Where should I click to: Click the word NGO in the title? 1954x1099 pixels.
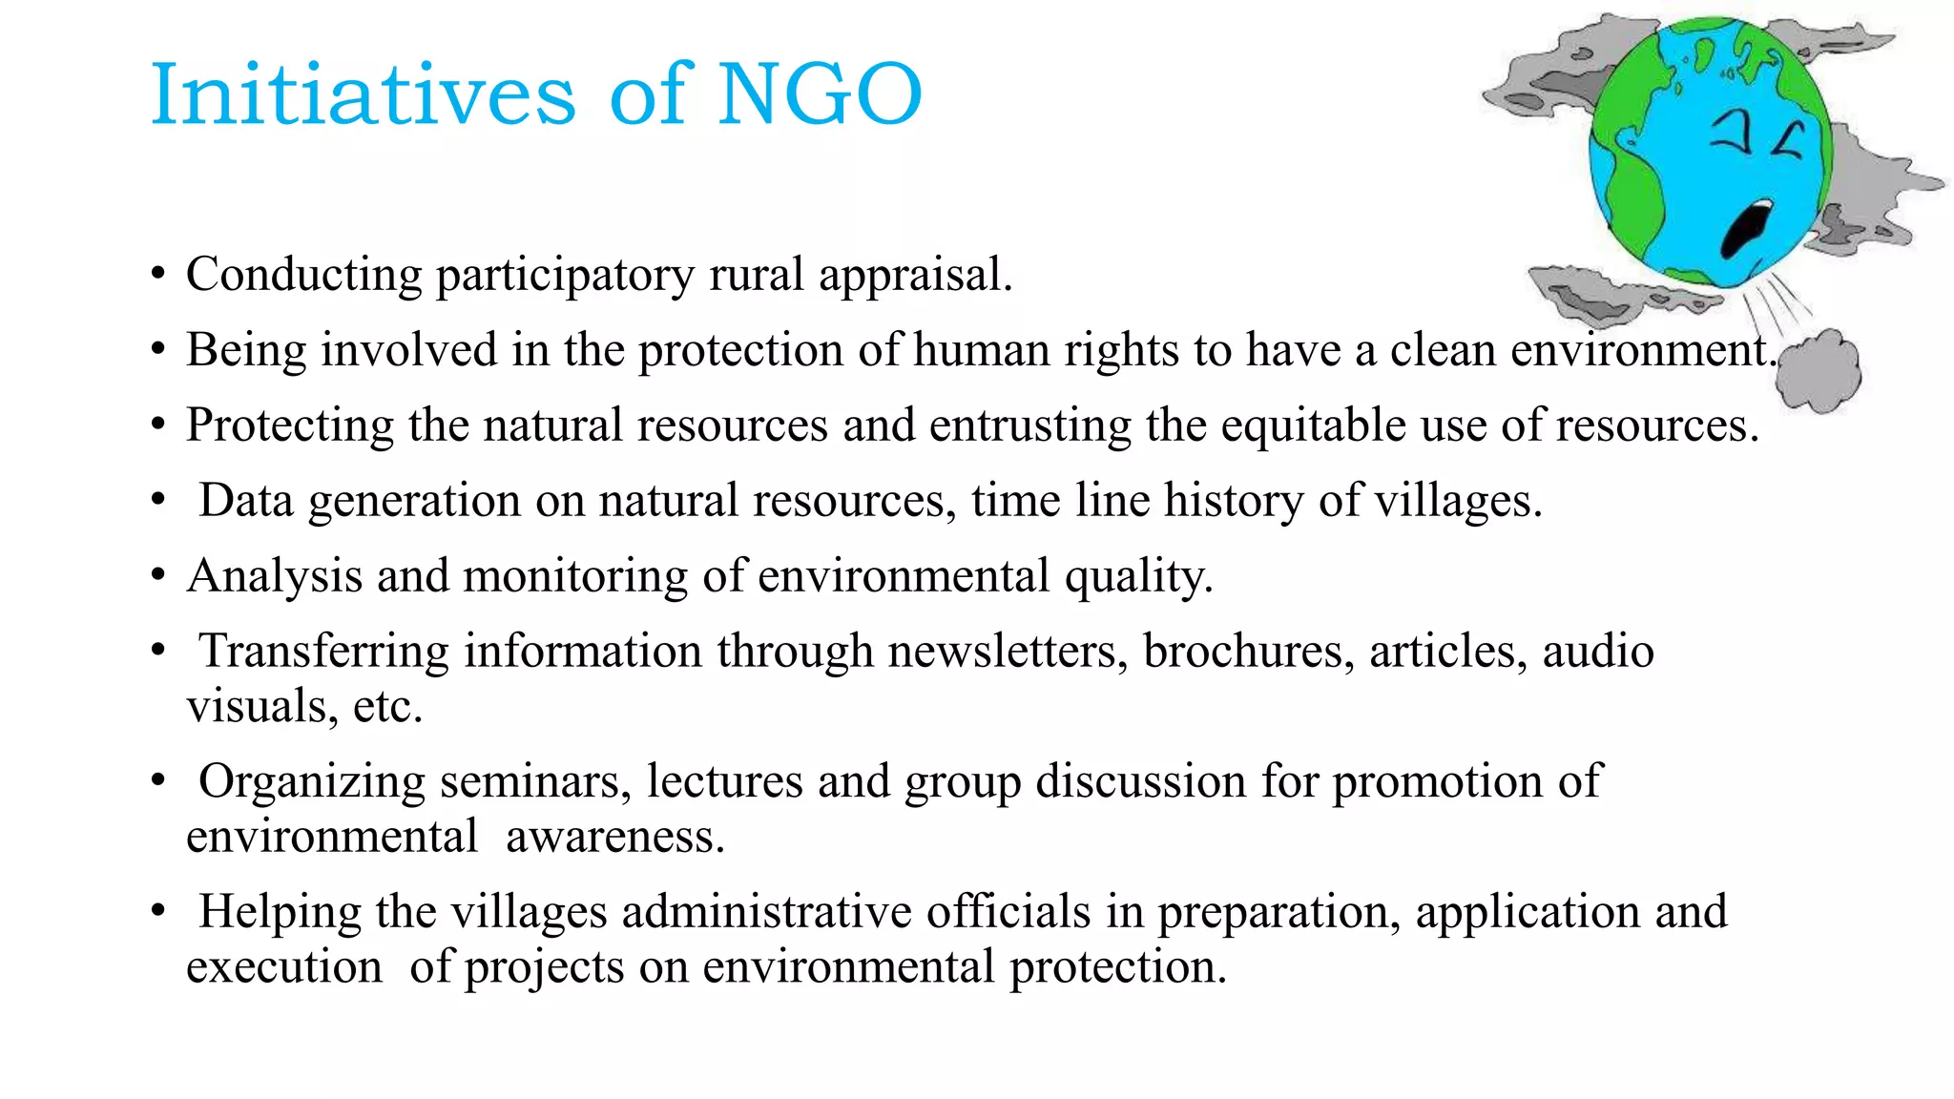click(819, 93)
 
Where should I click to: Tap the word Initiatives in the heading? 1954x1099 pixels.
click(364, 93)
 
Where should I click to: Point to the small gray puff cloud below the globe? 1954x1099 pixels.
click(1819, 370)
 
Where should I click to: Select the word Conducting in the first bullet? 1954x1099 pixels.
click(303, 275)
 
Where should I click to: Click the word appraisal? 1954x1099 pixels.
click(915, 275)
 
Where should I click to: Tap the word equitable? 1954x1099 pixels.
click(1313, 425)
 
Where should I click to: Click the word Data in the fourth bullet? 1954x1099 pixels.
click(246, 500)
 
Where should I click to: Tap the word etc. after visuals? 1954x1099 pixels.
click(387, 707)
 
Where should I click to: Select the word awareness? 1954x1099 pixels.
click(615, 837)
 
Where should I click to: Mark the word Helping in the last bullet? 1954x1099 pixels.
click(280, 911)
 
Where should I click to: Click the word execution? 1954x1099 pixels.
click(284, 966)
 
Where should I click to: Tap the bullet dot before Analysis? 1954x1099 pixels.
click(158, 575)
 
